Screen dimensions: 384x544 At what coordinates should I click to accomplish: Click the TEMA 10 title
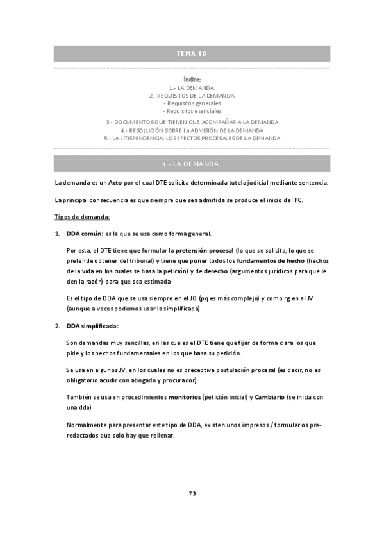192,53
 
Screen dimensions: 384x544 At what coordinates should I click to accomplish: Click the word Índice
192,80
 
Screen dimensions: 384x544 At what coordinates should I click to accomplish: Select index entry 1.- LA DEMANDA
192,87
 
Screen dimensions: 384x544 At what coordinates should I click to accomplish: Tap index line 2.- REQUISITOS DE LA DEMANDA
192,95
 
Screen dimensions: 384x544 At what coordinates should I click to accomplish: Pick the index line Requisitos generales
192,103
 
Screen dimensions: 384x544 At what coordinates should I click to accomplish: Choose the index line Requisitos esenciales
192,110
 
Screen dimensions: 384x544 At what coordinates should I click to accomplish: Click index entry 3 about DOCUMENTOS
192,121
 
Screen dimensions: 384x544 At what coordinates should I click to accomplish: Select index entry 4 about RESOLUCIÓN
192,130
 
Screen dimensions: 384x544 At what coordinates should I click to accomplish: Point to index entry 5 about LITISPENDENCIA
192,137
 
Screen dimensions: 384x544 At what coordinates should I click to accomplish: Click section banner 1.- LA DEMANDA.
192,164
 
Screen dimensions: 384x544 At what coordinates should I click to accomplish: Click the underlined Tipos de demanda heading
83,216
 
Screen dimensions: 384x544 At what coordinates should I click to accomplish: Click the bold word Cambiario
269,398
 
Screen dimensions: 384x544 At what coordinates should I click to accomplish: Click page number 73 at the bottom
192,493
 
